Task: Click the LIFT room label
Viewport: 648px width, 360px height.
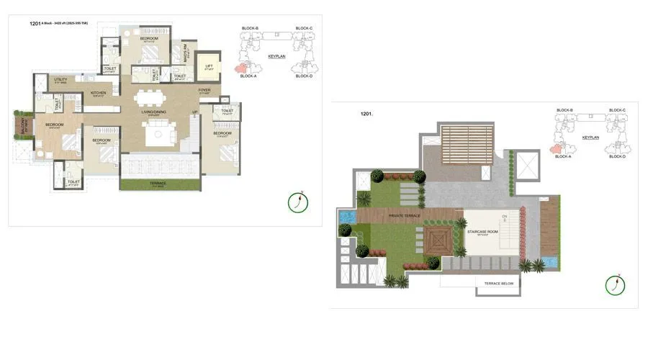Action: (209, 66)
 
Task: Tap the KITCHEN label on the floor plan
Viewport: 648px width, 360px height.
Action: (98, 93)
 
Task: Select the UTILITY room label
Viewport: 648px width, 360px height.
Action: (60, 80)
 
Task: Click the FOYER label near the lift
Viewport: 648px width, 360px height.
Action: (205, 90)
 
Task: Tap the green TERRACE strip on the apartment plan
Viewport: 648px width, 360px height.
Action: (158, 184)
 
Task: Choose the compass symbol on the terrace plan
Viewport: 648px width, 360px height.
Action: (616, 285)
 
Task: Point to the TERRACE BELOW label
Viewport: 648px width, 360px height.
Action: (498, 284)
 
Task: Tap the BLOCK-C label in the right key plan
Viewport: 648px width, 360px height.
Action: (618, 110)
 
